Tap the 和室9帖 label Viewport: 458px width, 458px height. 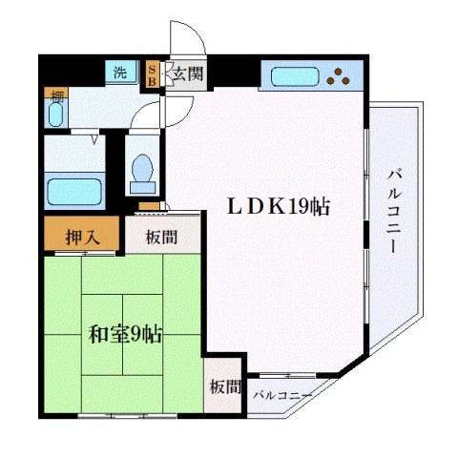pos(125,335)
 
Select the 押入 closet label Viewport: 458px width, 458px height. pos(82,236)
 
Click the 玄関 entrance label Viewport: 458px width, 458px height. pos(187,74)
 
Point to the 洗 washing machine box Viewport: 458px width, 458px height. pos(121,73)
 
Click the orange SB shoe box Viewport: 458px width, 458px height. pos(153,74)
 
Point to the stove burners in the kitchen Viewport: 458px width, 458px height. pos(339,74)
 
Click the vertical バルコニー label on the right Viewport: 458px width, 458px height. pos(394,211)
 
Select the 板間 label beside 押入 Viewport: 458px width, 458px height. pos(160,236)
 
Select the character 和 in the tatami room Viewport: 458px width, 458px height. pos(97,335)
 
